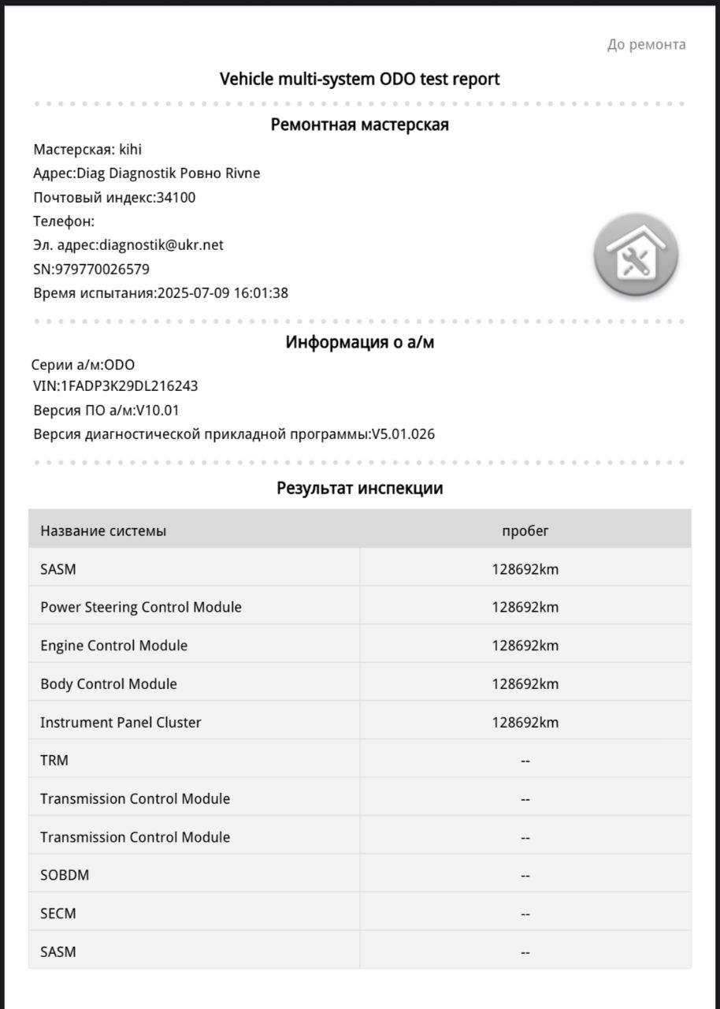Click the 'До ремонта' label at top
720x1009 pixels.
click(x=646, y=45)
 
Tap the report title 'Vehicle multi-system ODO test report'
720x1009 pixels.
click(x=359, y=79)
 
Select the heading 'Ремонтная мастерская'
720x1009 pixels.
click(x=359, y=125)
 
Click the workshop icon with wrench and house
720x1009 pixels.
click(x=636, y=258)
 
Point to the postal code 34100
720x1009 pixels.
click(x=176, y=197)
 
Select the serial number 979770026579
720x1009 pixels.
click(x=102, y=270)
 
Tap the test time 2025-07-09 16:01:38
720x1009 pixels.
click(x=223, y=293)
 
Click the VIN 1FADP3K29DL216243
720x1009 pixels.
click(x=129, y=386)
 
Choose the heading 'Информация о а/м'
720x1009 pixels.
click(x=359, y=343)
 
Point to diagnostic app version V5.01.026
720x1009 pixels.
click(x=403, y=434)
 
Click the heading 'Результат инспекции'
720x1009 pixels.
click(x=359, y=488)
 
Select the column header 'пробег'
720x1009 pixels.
click(x=525, y=531)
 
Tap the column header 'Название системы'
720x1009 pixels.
click(x=103, y=531)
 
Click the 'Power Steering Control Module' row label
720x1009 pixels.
click(x=141, y=607)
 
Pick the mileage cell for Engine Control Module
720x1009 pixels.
click(x=525, y=646)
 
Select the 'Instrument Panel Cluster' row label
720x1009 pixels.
click(x=121, y=722)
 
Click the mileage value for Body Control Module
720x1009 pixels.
click(x=525, y=684)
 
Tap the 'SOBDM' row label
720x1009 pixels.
click(x=59, y=875)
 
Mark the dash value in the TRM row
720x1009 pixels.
click(x=525, y=761)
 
